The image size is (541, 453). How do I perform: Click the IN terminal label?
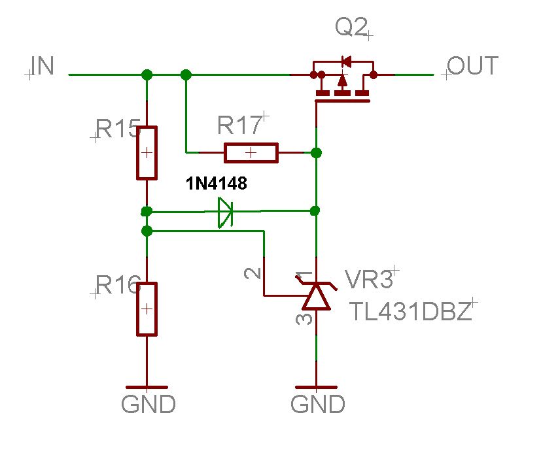pos(43,65)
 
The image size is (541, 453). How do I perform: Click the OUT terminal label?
pos(473,65)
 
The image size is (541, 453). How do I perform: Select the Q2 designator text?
pos(351,27)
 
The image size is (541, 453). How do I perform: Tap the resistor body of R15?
pos(147,153)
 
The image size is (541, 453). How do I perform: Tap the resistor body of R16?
pos(147,309)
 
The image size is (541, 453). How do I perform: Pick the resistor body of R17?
pos(251,153)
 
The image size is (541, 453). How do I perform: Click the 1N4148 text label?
pos(217,184)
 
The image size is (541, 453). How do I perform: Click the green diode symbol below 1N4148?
pos(225,212)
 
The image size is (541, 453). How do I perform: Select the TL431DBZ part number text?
pos(411,311)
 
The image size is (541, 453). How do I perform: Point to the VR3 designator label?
pos(369,279)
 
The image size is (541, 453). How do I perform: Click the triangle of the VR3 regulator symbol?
pos(317,297)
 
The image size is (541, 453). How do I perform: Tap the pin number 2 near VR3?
pos(253,273)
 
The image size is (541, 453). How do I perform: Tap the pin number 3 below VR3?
pos(304,319)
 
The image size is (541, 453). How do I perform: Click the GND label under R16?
pos(148,404)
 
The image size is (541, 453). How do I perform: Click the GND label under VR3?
pos(318,404)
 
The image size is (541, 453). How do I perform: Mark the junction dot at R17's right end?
pos(316,153)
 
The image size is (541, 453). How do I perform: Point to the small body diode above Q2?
pos(346,61)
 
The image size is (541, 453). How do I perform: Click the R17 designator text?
pos(239,125)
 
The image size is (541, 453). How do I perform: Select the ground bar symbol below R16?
pos(147,388)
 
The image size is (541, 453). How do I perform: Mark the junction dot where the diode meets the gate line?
pos(315,210)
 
